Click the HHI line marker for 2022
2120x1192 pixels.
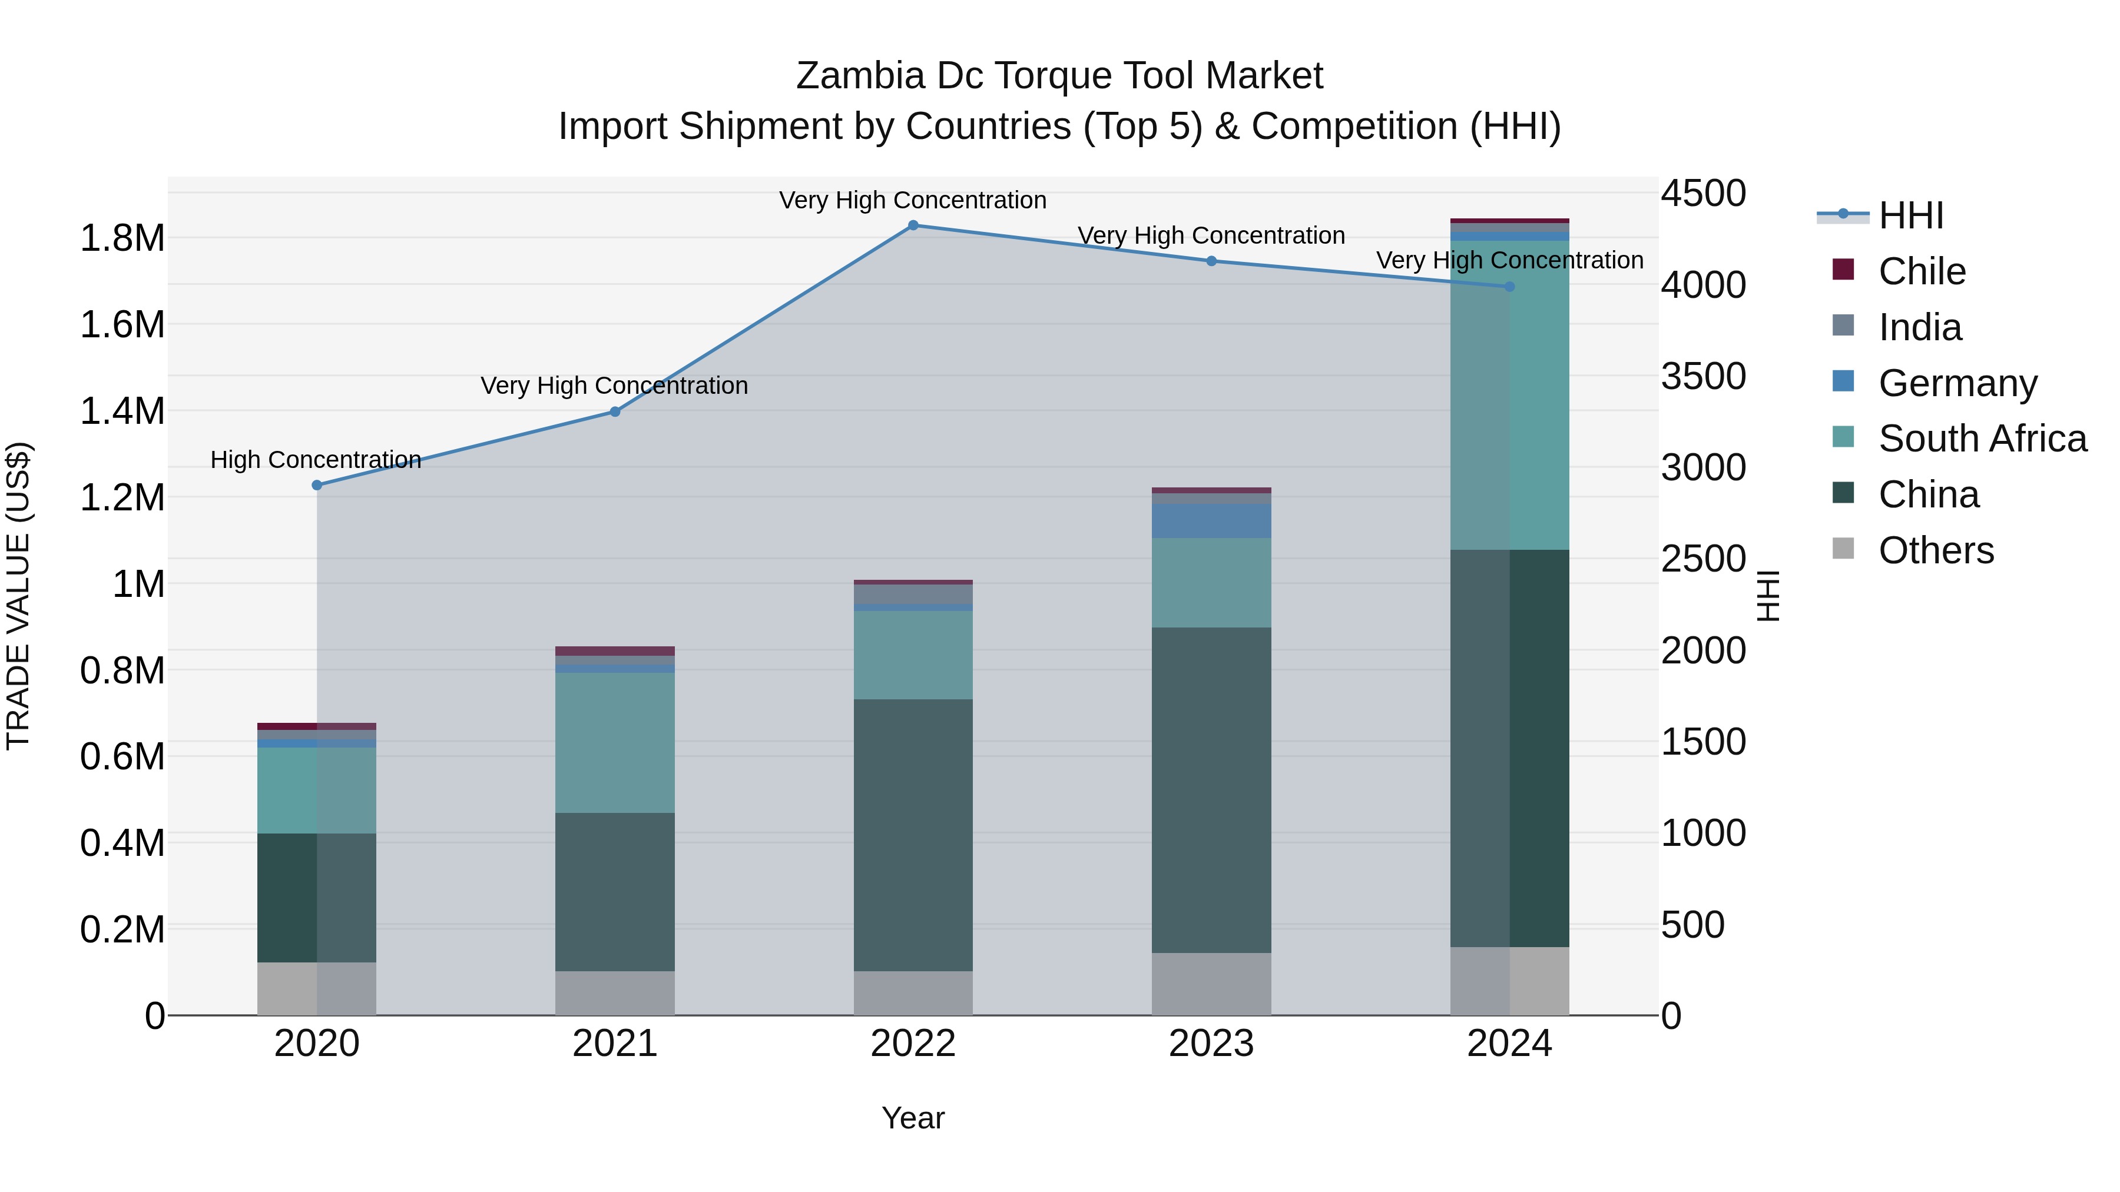pos(913,225)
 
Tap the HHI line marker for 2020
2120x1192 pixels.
pos(317,486)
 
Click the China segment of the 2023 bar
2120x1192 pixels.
pos(1211,790)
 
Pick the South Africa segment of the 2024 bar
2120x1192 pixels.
pos(1509,395)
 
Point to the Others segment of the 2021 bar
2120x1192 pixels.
pos(615,993)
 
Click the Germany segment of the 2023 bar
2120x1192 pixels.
pos(1211,521)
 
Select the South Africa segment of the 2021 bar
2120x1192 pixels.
pos(615,743)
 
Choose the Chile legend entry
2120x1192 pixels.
pos(1922,271)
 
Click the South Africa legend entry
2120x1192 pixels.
pos(1982,439)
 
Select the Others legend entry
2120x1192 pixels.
pos(1936,550)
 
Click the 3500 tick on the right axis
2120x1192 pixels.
pos(1702,376)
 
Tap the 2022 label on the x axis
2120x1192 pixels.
pos(913,1044)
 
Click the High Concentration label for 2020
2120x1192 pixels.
pos(316,459)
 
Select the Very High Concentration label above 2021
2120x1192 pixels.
pos(614,385)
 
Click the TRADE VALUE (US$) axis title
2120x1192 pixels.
pos(18,596)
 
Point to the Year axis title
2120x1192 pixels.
pos(913,1118)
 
